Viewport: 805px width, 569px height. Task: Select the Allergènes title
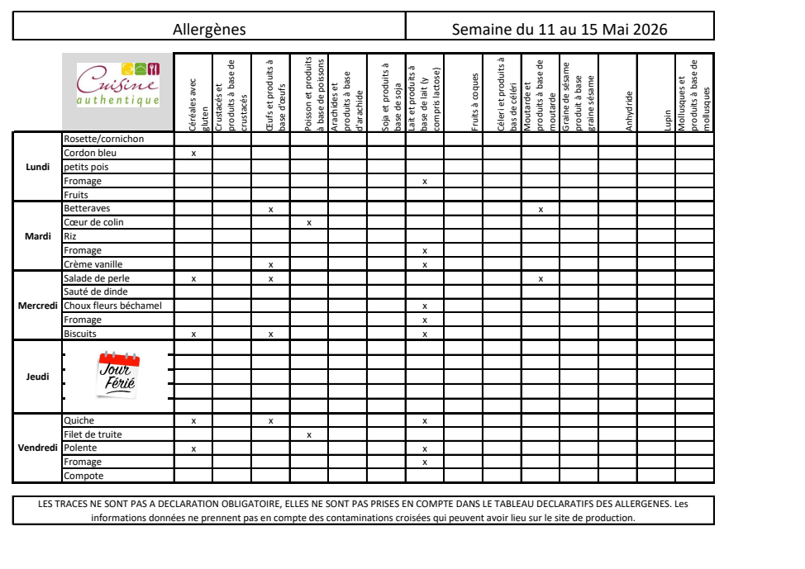(209, 30)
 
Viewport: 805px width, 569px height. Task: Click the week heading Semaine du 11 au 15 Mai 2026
(560, 30)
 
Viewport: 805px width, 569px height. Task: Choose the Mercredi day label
(37, 306)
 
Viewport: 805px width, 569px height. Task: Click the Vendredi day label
(37, 448)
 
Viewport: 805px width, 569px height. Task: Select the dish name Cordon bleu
(90, 153)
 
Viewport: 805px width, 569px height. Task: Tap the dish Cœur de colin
(94, 223)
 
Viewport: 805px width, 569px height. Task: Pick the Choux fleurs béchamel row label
(112, 306)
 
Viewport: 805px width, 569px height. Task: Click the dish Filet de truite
(93, 434)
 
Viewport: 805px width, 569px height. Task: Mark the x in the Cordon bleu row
(193, 154)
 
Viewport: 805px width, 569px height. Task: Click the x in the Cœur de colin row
(309, 223)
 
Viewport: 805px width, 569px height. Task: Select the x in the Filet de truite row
(309, 434)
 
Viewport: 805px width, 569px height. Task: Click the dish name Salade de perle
(97, 279)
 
